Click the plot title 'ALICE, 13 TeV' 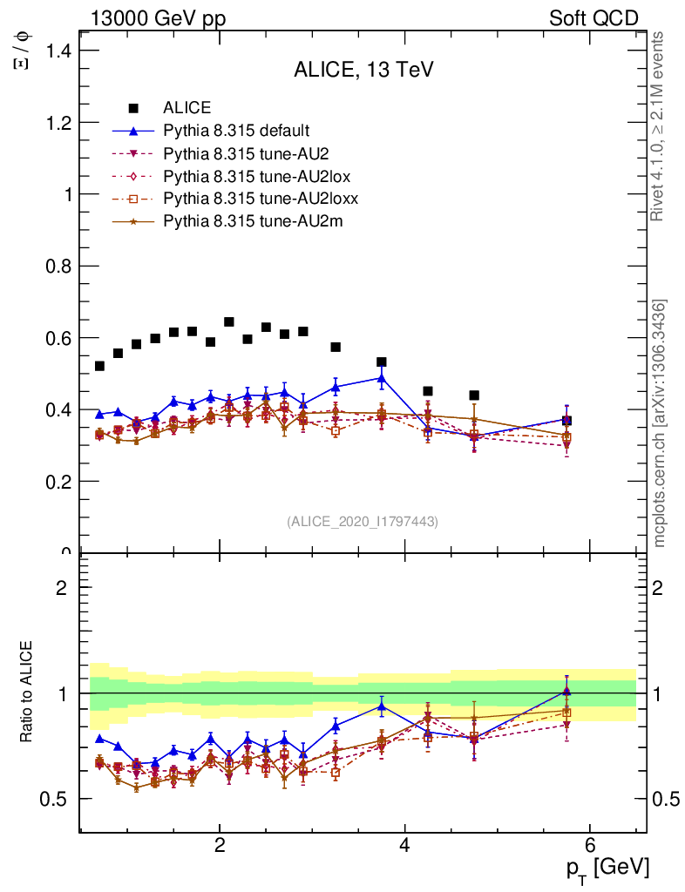pyautogui.click(x=363, y=71)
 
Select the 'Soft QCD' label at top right pyautogui.click(x=593, y=18)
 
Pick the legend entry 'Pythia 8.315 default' pyautogui.click(x=235, y=131)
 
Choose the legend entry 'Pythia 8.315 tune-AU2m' pyautogui.click(x=253, y=221)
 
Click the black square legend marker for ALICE pyautogui.click(x=133, y=108)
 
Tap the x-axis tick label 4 pyautogui.click(x=404, y=845)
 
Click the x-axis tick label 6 pyautogui.click(x=589, y=845)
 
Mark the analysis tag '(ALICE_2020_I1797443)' pyautogui.click(x=363, y=522)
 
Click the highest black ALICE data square pyautogui.click(x=229, y=322)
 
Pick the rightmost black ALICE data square pyautogui.click(x=566, y=420)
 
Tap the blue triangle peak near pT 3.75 pyautogui.click(x=381, y=378)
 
